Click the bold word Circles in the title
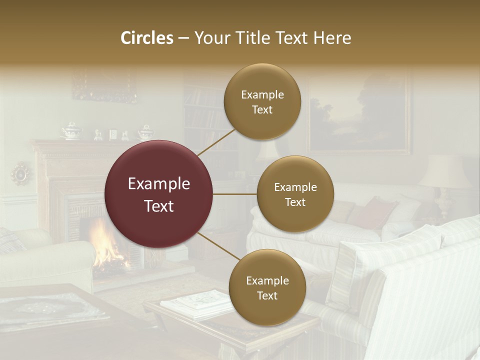(x=147, y=38)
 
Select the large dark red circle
(x=159, y=194)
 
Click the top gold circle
(x=262, y=101)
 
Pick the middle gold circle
(x=295, y=194)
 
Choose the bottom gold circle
(x=267, y=287)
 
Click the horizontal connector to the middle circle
(x=235, y=194)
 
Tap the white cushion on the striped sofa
(x=385, y=255)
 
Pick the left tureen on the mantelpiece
(x=71, y=131)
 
